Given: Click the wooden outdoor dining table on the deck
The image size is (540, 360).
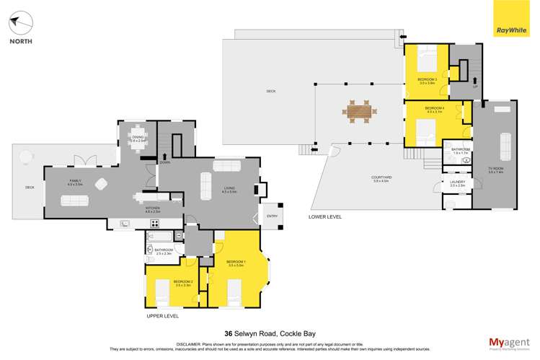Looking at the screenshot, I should [x=358, y=111].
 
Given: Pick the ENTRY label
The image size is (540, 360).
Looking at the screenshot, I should [x=272, y=215].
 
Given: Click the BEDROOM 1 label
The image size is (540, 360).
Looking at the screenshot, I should [x=236, y=261].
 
